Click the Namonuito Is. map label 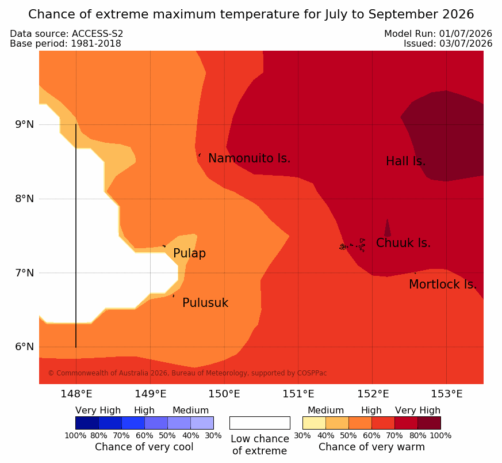coord(250,158)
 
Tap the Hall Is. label coord(405,161)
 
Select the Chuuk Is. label coord(403,243)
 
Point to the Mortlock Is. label coord(443,284)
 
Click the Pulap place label coord(190,253)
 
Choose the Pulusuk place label coord(205,303)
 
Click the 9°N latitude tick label coord(24,124)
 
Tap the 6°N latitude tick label coord(24,347)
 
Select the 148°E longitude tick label coord(76,394)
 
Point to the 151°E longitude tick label coord(298,394)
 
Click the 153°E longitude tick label coord(446,394)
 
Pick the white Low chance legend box coord(260,423)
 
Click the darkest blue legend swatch coord(87,423)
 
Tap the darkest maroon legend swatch coord(429,423)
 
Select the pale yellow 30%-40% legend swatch coord(314,423)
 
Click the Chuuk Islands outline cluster coord(352,245)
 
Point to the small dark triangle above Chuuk coord(388,227)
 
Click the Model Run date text coord(438,33)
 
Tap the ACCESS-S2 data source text coord(97,33)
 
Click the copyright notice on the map coord(187,373)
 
